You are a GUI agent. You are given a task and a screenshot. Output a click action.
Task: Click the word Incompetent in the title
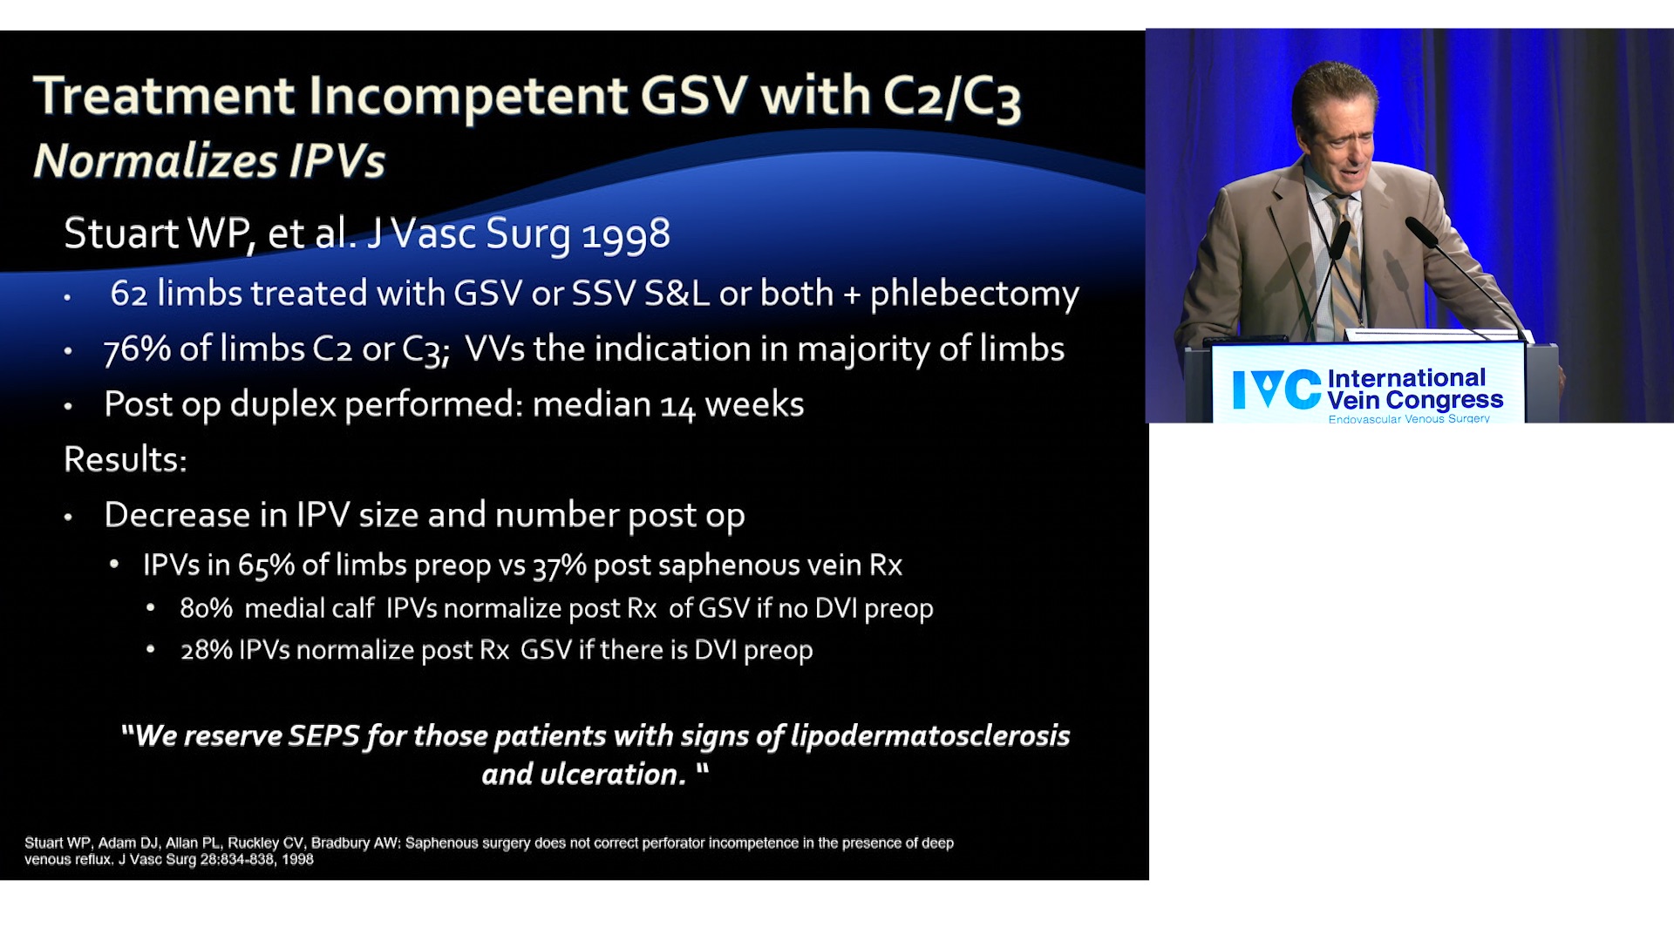click(x=467, y=96)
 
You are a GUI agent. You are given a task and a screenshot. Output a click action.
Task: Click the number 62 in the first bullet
click(x=129, y=294)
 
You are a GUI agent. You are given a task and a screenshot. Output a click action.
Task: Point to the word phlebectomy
click(x=975, y=294)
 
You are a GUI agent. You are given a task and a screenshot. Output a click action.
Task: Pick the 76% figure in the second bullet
click(x=137, y=349)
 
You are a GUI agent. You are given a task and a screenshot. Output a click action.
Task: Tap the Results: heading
click(x=126, y=459)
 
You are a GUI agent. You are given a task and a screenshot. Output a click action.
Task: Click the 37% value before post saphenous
click(x=559, y=565)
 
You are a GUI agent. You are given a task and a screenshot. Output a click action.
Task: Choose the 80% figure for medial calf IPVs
click(x=206, y=608)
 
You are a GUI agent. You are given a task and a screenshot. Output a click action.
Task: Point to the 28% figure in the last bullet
click(x=207, y=650)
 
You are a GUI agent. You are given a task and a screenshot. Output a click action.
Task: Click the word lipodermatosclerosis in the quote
click(x=930, y=736)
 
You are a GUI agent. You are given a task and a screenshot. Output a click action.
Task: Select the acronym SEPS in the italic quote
click(x=323, y=735)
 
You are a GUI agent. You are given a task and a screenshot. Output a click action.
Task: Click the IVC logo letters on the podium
click(x=1276, y=389)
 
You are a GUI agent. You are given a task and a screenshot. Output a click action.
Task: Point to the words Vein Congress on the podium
click(x=1415, y=400)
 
